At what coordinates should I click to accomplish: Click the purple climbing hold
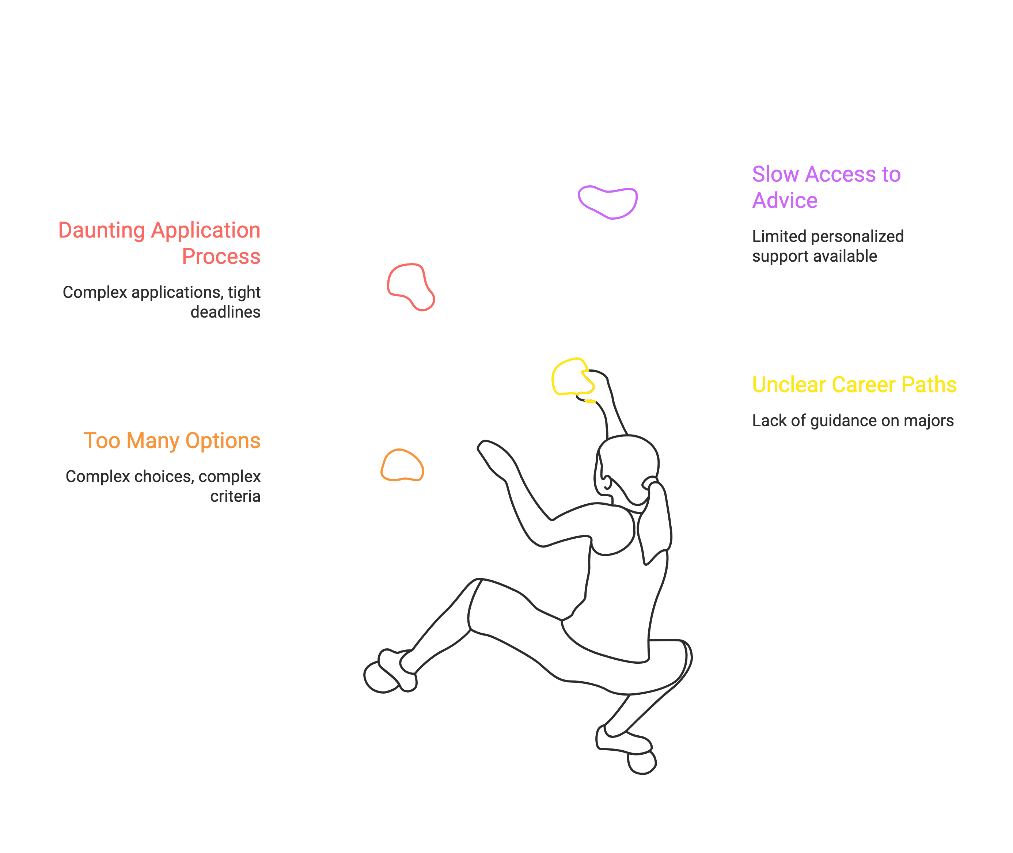pos(608,202)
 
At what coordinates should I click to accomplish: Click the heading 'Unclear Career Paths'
pos(854,385)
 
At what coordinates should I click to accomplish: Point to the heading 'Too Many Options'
pos(172,441)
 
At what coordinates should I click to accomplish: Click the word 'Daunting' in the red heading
pos(101,230)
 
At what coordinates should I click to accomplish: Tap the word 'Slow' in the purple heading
pos(775,175)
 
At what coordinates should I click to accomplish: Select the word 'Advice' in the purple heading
pos(784,201)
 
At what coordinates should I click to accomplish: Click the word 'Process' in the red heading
pos(221,256)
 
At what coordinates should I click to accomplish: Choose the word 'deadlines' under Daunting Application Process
pos(225,312)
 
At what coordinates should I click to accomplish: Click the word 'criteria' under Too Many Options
pos(235,497)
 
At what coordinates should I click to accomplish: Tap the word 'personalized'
pos(857,236)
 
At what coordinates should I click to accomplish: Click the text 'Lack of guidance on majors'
pos(853,421)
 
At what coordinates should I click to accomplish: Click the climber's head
pos(627,467)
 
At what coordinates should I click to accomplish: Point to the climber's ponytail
pos(655,522)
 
